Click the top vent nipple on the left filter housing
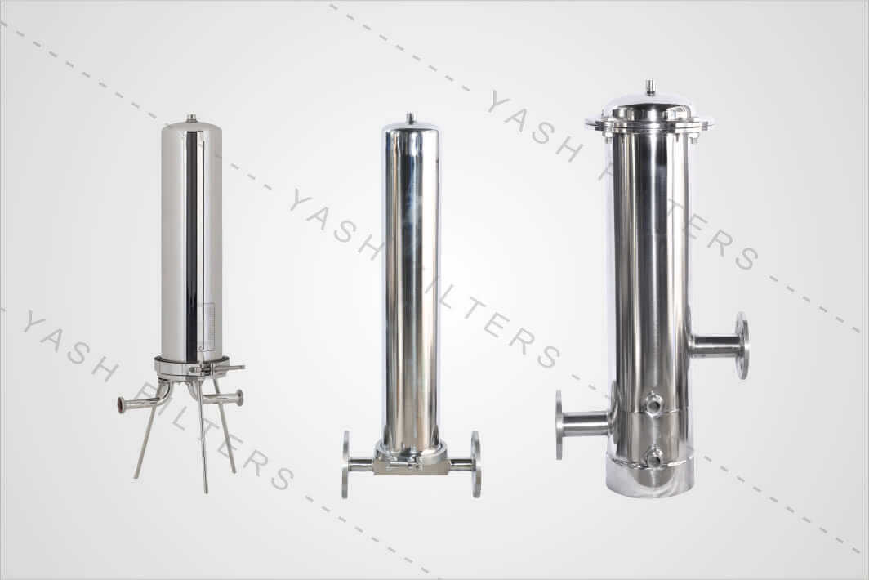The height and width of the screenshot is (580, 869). (191, 118)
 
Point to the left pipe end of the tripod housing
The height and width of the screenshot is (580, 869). (123, 404)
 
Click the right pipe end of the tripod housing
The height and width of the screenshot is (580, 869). (238, 398)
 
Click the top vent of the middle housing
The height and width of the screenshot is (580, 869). (410, 119)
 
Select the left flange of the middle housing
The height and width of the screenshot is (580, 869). (346, 464)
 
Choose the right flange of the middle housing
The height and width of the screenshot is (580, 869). (475, 464)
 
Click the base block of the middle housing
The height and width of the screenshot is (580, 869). (410, 462)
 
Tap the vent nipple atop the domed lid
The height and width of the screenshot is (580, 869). (649, 87)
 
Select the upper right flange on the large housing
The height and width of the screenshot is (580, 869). (742, 345)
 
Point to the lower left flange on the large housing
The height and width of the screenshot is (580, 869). (560, 424)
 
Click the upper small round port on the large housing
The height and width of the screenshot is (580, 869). (653, 403)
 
